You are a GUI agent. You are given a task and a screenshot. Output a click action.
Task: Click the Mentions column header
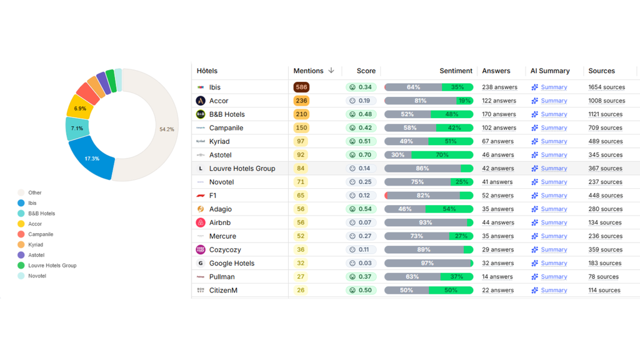(x=308, y=71)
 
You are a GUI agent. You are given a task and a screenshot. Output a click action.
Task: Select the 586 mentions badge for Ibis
(x=301, y=87)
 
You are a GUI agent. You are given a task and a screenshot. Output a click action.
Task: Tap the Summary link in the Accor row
(x=554, y=101)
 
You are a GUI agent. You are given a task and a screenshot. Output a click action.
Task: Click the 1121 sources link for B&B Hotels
(x=605, y=114)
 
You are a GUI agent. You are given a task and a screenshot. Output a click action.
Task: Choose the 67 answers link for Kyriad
(x=497, y=141)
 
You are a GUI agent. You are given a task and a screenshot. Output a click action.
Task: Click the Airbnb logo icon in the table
(x=201, y=222)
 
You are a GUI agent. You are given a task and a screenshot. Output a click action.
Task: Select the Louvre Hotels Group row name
(x=242, y=169)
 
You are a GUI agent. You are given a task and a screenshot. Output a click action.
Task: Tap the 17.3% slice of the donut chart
(x=92, y=158)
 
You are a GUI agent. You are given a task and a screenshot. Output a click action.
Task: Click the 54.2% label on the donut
(x=167, y=129)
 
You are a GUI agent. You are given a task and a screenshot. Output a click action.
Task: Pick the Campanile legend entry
(x=41, y=234)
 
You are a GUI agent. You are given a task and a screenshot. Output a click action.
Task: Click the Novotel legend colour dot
(x=21, y=276)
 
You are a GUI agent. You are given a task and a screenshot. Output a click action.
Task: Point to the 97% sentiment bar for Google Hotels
(x=427, y=263)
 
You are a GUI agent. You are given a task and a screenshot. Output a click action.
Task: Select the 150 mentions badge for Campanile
(x=301, y=128)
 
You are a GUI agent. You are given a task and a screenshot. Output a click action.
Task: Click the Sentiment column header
(x=456, y=71)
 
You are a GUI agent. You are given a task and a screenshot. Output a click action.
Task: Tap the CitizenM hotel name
(x=223, y=291)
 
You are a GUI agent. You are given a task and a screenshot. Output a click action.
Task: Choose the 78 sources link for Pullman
(x=603, y=277)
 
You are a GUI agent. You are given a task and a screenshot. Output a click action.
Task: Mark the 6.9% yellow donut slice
(x=80, y=108)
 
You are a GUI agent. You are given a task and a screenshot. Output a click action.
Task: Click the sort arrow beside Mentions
(x=331, y=71)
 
